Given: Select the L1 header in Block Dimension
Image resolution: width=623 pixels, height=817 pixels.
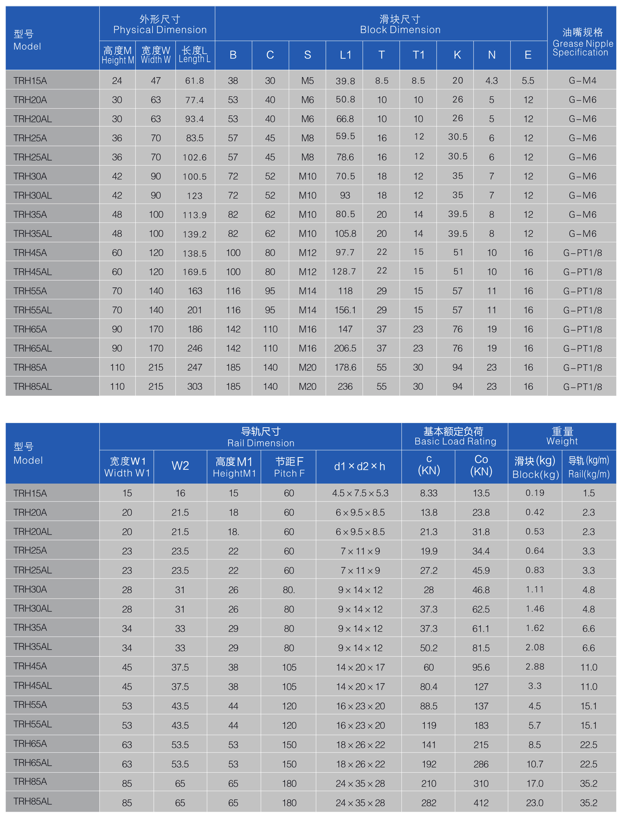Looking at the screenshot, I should coord(345,55).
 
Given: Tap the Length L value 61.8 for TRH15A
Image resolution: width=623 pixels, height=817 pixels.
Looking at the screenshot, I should coord(195,80).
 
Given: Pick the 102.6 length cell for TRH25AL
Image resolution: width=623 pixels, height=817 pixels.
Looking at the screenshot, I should coord(195,157).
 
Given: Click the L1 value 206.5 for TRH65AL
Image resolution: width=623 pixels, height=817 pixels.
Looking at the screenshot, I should coord(345,348).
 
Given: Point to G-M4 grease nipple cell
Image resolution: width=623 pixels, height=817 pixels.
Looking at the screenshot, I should coord(582,80).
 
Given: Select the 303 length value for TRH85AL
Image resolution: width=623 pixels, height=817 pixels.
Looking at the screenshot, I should coord(195,386).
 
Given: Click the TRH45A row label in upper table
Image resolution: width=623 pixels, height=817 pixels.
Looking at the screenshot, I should coord(30,252).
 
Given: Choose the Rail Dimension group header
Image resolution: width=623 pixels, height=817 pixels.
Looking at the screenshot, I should coord(261,436).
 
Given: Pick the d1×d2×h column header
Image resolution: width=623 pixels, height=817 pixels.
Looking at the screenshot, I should coord(359,466).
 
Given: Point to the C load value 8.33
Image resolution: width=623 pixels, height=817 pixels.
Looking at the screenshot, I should coord(429,493).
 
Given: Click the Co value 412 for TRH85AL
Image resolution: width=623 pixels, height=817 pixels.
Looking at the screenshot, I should coord(481,803).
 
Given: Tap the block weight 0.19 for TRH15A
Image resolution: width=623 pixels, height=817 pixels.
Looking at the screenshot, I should coord(535,493).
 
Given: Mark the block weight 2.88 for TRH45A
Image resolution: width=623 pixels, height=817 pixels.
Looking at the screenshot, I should coord(535,666).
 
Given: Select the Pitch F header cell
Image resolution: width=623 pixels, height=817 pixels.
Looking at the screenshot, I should coord(289,467).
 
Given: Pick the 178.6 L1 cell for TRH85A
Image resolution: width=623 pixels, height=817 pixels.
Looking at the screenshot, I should coord(345,367).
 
